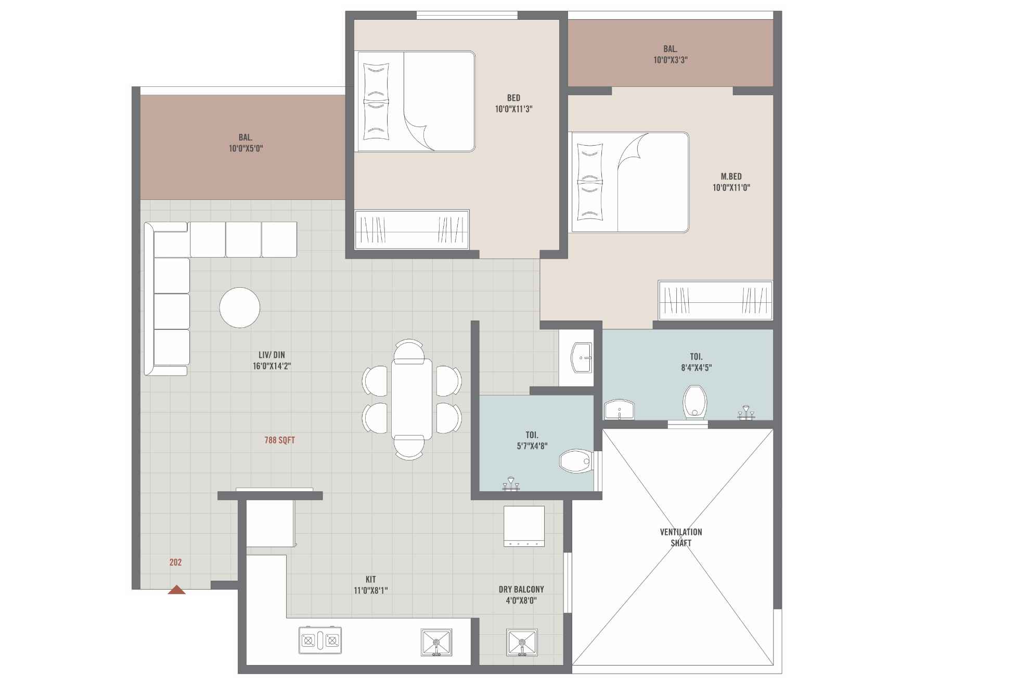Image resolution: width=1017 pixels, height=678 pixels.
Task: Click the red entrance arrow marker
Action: pos(176,590)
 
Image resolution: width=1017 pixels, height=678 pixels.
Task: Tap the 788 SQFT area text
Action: pos(279,440)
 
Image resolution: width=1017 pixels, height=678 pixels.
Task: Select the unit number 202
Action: pos(175,562)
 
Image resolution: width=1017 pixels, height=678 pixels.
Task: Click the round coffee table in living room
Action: pos(240,308)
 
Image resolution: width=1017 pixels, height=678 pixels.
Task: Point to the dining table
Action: pos(411,399)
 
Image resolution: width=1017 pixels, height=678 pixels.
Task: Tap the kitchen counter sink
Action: pos(436,642)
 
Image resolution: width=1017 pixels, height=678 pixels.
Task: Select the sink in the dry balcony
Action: pos(522,642)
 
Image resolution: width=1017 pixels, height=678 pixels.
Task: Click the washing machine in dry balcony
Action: pos(524,526)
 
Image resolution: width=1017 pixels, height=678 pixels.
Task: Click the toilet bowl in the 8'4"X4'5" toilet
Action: pos(694,402)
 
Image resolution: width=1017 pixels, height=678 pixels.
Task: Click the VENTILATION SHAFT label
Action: pos(680,537)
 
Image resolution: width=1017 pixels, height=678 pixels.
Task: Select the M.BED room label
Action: pos(731,176)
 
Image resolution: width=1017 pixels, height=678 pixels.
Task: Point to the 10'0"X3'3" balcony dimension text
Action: pos(670,60)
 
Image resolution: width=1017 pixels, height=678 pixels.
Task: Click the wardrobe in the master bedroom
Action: pos(715,301)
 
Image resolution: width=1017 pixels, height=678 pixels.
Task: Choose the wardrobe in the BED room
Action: pos(411,229)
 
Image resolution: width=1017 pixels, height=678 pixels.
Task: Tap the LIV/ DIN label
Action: pos(272,355)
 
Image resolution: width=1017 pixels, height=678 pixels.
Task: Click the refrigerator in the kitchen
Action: pos(270,523)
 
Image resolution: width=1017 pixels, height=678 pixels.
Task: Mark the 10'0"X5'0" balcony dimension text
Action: pos(246,148)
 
